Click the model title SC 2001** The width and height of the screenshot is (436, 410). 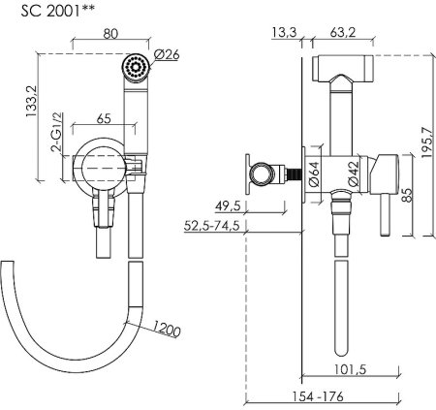58,11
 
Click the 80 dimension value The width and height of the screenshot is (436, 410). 110,34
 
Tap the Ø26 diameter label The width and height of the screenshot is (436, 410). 167,54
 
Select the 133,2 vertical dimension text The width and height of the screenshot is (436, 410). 32,101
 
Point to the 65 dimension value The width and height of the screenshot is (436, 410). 104,118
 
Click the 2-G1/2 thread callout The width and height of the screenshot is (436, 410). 56,132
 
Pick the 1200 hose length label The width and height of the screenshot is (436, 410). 166,329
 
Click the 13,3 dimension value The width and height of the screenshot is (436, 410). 284,32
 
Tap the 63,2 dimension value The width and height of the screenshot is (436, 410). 343,32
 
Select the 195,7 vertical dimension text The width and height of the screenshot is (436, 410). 427,142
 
